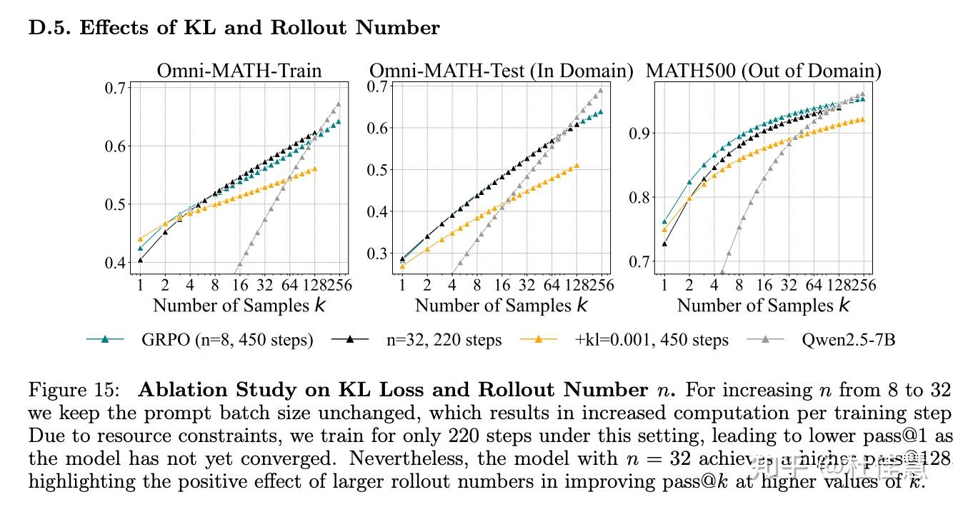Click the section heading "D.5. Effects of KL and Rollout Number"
click(234, 28)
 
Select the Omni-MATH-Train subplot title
click(239, 71)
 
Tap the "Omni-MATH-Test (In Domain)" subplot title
click(501, 71)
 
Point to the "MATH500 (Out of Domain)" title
click(763, 71)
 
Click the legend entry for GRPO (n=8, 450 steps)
click(226, 339)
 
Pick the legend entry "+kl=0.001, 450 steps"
click(652, 339)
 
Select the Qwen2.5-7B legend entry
click(849, 339)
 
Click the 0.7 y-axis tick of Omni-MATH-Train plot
click(115, 88)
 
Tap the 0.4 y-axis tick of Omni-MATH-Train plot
click(115, 263)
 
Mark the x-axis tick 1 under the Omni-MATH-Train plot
click(140, 286)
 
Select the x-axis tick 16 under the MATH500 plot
click(764, 286)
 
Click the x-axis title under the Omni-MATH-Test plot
click(501, 306)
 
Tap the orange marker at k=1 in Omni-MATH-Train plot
click(140, 239)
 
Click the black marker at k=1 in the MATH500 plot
click(664, 244)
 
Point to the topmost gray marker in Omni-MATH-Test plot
click(600, 90)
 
